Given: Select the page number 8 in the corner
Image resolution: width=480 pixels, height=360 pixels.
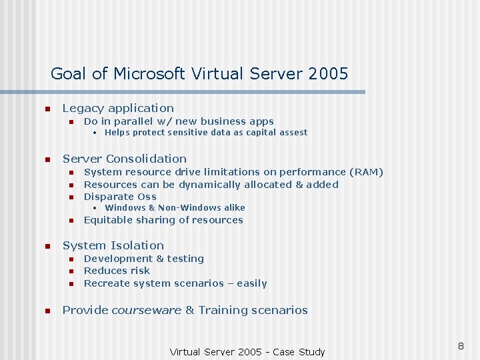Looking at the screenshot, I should click(x=460, y=346).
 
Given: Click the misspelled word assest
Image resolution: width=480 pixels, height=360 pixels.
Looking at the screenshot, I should click(x=292, y=133).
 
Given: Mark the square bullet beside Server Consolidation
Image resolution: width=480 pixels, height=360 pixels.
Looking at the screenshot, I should click(x=47, y=159).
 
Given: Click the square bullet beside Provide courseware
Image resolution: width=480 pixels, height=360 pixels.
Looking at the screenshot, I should click(x=47, y=311).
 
